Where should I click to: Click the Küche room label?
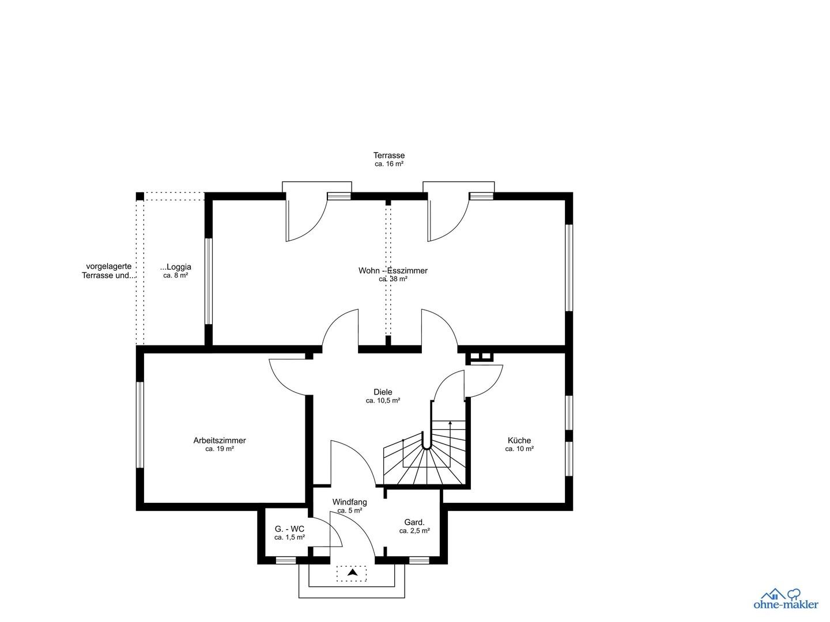point(519,441)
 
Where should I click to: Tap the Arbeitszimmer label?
point(220,441)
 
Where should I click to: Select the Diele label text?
point(383,392)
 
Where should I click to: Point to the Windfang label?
point(349,502)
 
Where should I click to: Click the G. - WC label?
point(289,529)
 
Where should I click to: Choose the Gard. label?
point(414,522)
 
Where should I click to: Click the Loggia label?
point(176,267)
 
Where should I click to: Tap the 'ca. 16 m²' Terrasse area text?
point(389,164)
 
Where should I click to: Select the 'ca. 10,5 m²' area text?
point(383,401)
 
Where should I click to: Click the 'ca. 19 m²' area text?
point(220,449)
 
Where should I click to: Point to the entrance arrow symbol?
point(352,572)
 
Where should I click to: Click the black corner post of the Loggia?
point(140,196)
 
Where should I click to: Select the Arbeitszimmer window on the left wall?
point(140,425)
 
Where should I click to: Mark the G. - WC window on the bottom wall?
point(285,560)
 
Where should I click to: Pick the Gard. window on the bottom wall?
point(420,560)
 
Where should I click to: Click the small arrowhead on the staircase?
point(450,423)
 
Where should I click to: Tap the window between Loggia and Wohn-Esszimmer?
point(208,281)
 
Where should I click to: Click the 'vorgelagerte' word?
point(108,267)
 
